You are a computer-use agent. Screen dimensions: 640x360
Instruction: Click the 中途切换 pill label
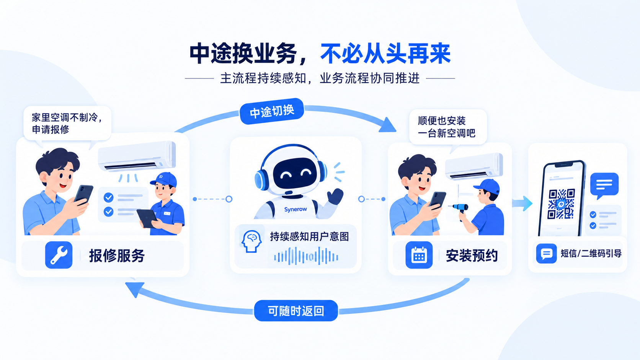[272, 111]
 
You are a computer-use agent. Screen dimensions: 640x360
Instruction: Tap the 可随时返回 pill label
[296, 311]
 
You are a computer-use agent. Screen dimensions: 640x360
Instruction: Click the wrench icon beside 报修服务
[59, 255]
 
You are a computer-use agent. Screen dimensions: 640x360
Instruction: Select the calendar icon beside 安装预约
[419, 255]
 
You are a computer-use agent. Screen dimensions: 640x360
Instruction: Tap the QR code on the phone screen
[561, 204]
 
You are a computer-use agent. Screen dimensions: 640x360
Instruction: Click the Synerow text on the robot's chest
[296, 209]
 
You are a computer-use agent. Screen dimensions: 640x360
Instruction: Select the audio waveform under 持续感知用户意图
[306, 256]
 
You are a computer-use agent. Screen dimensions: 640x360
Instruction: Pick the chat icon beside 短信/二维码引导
[546, 254]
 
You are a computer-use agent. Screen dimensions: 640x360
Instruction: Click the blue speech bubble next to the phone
[604, 185]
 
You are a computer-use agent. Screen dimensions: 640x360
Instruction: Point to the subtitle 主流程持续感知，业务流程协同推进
[320, 78]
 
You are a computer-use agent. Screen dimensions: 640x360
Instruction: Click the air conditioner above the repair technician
[137, 156]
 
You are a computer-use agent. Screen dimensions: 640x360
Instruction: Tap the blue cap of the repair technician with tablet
[164, 179]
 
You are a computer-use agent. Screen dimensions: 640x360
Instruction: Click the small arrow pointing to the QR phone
[522, 203]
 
